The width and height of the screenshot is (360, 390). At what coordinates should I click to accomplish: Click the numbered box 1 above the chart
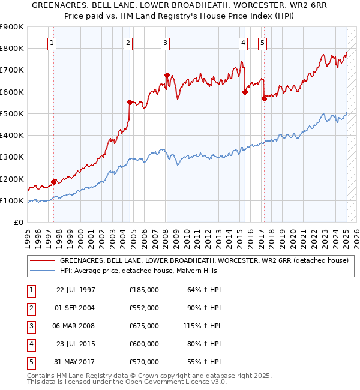53,43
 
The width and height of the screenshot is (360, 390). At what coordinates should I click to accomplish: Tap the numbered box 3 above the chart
165,43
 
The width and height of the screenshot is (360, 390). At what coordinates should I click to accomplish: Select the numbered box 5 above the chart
263,43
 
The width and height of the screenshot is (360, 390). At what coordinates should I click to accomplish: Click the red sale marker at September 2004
130,102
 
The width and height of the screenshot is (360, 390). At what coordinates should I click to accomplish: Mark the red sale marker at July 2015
245,92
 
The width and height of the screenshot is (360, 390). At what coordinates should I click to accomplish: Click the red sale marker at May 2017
264,98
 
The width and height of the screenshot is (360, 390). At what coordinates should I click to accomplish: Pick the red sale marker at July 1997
53,182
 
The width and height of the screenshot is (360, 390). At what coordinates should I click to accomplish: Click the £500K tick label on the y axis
12,113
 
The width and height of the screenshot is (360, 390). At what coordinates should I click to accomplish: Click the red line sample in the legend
42,260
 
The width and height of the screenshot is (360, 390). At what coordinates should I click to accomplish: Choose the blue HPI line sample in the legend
42,271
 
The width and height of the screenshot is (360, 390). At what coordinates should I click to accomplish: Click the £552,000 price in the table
143,307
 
